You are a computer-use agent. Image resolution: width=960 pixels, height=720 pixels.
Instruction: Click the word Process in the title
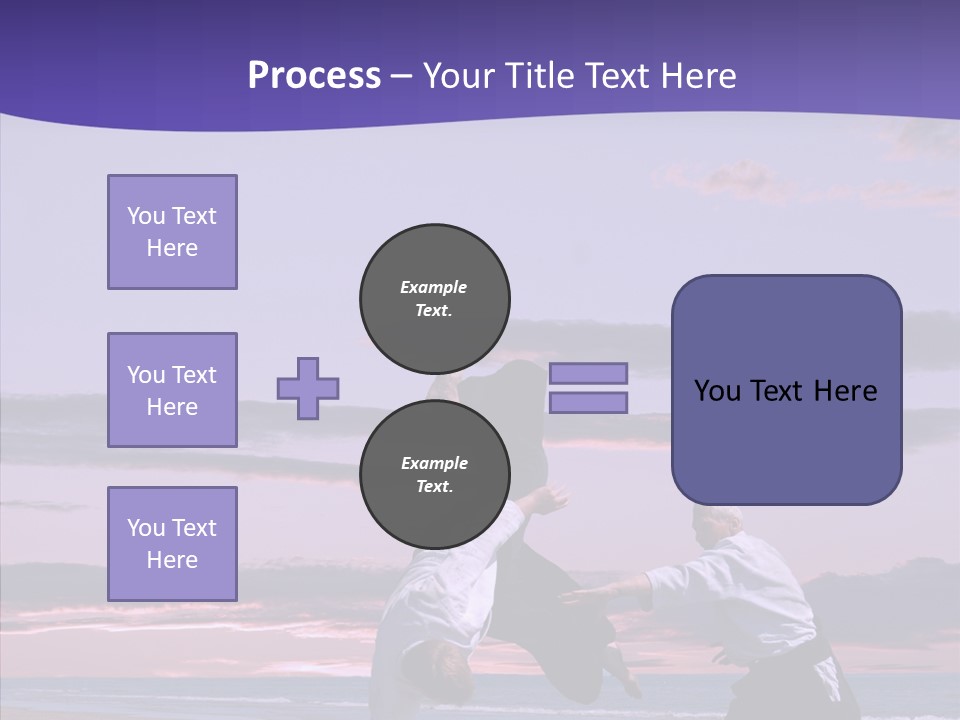[x=314, y=76]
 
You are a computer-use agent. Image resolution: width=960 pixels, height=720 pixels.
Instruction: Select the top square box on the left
[x=172, y=232]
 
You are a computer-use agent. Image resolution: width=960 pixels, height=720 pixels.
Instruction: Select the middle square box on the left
[x=172, y=390]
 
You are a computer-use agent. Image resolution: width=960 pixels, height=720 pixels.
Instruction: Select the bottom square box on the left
[x=172, y=544]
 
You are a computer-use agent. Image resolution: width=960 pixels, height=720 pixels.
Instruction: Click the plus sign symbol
[x=308, y=388]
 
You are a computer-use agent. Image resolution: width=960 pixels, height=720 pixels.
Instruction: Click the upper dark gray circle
[x=435, y=298]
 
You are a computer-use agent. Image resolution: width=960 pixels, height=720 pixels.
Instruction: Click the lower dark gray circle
[x=435, y=474]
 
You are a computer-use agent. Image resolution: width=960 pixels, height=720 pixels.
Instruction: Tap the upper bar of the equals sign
[x=588, y=373]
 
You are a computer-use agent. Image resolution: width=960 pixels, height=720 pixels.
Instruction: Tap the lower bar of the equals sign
[x=588, y=402]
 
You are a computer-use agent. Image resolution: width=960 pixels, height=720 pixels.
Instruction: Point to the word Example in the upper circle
[x=434, y=287]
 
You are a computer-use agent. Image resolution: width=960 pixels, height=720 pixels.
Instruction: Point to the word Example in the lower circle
[x=434, y=463]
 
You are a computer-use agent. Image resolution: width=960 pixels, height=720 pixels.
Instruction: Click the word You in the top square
[x=145, y=216]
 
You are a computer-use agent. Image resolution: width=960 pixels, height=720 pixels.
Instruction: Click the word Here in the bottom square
[x=172, y=560]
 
